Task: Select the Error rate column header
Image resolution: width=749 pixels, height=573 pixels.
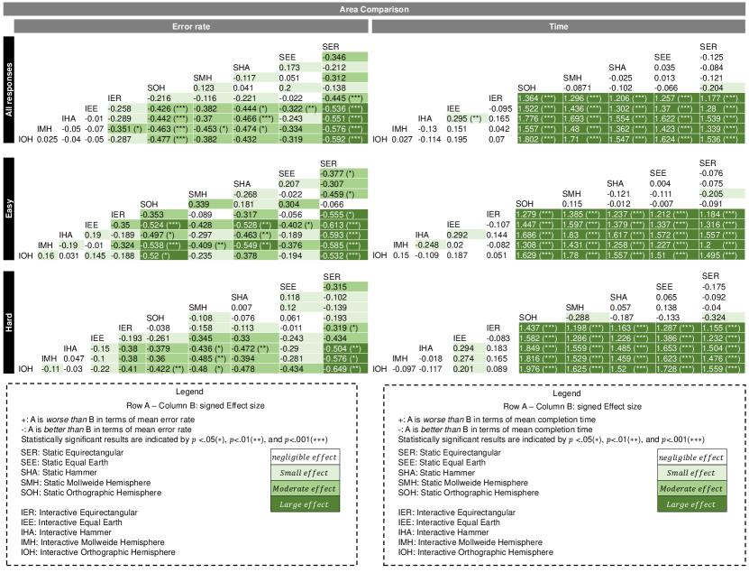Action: [x=191, y=27]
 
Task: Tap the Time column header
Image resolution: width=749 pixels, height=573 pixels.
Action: [x=560, y=27]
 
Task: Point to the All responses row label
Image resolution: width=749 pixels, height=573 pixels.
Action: [x=7, y=89]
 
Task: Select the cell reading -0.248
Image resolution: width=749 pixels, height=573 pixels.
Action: [x=433, y=245]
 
